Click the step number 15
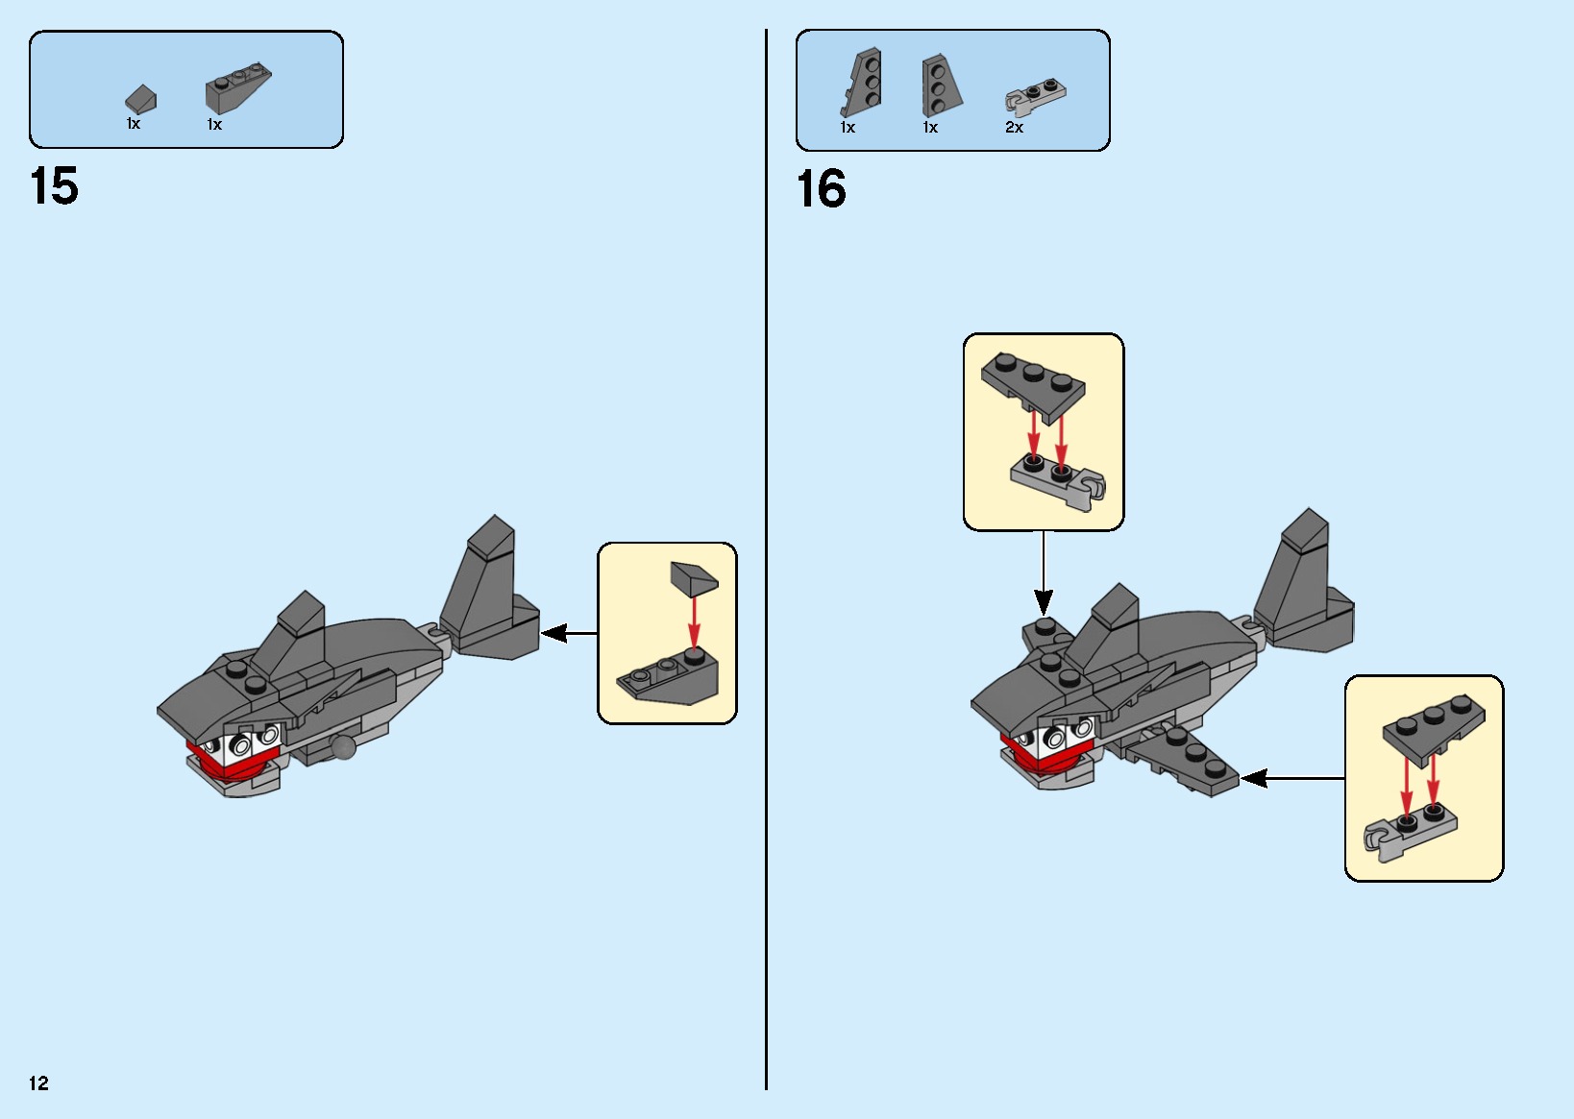[54, 186]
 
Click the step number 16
[821, 189]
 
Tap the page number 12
[38, 1083]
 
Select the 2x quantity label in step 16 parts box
[1014, 127]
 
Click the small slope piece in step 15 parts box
[141, 100]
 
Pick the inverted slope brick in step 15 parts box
[237, 87]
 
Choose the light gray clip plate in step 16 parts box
[1035, 95]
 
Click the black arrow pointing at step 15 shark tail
[569, 634]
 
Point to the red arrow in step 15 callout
[694, 622]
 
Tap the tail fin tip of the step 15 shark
[495, 517]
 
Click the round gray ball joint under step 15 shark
[344, 746]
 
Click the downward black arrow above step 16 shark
[1044, 573]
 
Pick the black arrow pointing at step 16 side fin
[1293, 778]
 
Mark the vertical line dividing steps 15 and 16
[766, 559]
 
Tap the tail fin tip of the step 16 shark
[1309, 510]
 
